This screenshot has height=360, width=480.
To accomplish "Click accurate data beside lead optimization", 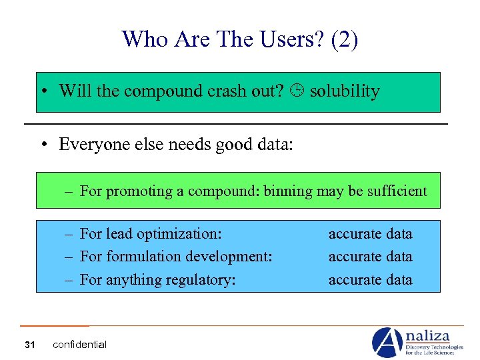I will click(x=370, y=234).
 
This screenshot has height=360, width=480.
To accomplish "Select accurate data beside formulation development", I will click(x=370, y=257).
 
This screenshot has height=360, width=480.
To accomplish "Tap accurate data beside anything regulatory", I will click(x=370, y=280).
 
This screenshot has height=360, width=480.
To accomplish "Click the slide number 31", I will click(x=29, y=345).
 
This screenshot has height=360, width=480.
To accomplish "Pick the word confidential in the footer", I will click(x=79, y=345).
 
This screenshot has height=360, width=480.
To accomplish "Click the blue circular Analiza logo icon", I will click(x=387, y=342).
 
